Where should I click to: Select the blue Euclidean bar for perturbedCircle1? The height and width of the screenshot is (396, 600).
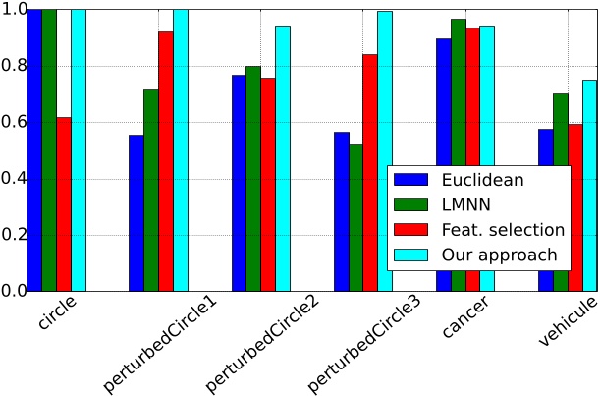(136, 212)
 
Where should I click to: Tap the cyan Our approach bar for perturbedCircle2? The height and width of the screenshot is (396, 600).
(283, 157)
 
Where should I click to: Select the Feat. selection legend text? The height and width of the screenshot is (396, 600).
(503, 230)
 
